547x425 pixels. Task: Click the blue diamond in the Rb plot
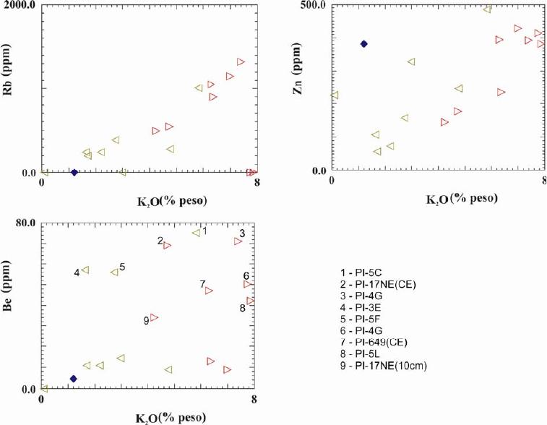click(x=74, y=172)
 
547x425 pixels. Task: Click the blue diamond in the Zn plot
click(x=364, y=44)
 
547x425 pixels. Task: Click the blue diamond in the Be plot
click(x=73, y=379)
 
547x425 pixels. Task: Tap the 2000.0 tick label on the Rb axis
click(x=22, y=5)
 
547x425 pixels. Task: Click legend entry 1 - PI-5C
click(x=364, y=272)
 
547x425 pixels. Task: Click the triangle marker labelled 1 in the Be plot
click(x=196, y=233)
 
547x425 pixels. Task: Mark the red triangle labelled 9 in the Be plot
click(x=153, y=317)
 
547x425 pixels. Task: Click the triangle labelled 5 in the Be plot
click(x=114, y=272)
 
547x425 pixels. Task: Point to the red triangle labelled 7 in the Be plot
click(x=209, y=291)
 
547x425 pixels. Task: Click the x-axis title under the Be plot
click(x=171, y=417)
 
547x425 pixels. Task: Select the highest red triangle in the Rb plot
click(x=241, y=62)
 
